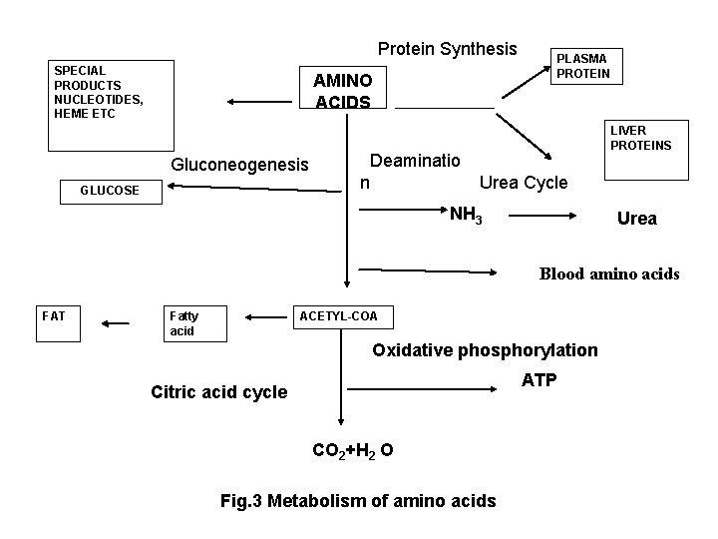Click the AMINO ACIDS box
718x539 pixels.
342,91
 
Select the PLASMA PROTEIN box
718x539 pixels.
588,66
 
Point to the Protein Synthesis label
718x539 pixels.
447,49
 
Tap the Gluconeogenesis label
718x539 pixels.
240,164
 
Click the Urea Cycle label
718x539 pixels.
524,183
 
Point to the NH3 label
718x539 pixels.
466,215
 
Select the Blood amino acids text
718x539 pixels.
609,273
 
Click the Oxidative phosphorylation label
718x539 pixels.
485,350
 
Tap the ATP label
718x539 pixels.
539,380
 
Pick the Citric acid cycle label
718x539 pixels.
218,392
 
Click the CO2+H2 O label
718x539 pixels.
352,451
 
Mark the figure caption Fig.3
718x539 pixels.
357,501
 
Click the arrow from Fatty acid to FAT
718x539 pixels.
115,322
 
